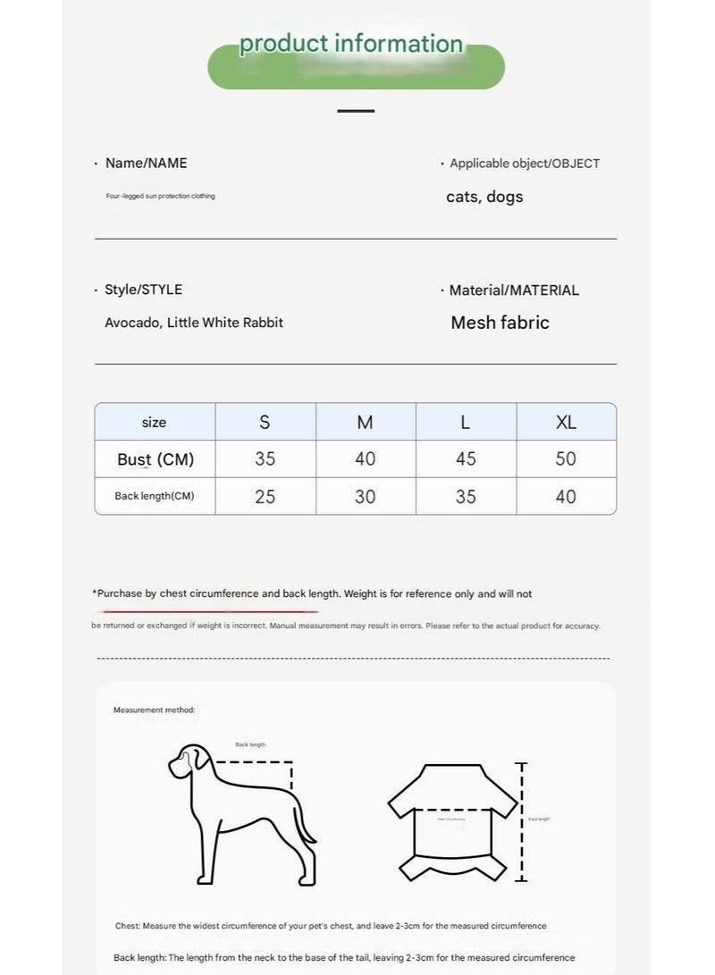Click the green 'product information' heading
point(351,44)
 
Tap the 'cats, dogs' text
point(484,197)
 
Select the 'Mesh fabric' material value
point(500,323)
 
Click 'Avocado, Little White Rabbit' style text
point(194,323)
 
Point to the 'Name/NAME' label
point(146,163)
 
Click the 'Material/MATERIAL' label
point(514,290)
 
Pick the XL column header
point(566,422)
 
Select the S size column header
point(265,422)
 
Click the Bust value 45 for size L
point(466,459)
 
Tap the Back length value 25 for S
point(265,497)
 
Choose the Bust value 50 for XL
point(566,459)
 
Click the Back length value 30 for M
point(365,497)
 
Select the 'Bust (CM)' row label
point(156,459)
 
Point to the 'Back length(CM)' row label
point(155,496)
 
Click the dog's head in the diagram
point(188,761)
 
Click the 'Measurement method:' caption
point(154,710)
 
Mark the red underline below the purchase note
point(210,612)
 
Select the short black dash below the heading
point(356,111)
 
